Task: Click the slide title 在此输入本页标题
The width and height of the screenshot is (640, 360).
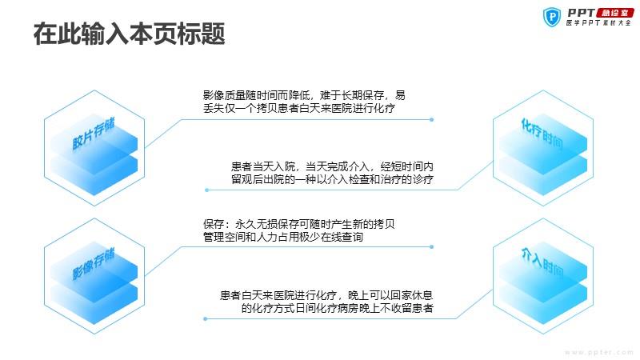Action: click(x=129, y=34)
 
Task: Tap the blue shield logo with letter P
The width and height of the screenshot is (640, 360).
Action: click(x=552, y=17)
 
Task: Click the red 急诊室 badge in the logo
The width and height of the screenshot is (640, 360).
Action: click(x=614, y=13)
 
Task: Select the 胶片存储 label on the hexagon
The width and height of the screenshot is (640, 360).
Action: click(x=94, y=134)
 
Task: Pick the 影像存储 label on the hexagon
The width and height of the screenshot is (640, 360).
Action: click(x=94, y=264)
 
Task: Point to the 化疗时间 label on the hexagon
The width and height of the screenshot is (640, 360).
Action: click(x=542, y=133)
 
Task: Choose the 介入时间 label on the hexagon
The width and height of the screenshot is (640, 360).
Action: click(x=542, y=262)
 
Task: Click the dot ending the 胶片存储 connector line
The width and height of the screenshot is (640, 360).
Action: click(x=431, y=119)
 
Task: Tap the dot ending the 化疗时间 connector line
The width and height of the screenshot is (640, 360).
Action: click(x=207, y=190)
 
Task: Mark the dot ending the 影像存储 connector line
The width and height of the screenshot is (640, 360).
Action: click(x=431, y=247)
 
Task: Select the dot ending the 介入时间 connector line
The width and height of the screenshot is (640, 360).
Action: click(x=206, y=318)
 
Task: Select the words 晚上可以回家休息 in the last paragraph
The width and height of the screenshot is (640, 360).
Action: click(x=390, y=295)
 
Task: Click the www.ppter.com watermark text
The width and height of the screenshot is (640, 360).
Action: click(x=598, y=352)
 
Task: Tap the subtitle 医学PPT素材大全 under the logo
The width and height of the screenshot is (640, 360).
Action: click(x=598, y=23)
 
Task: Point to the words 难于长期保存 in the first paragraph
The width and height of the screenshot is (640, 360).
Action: click(x=352, y=95)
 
